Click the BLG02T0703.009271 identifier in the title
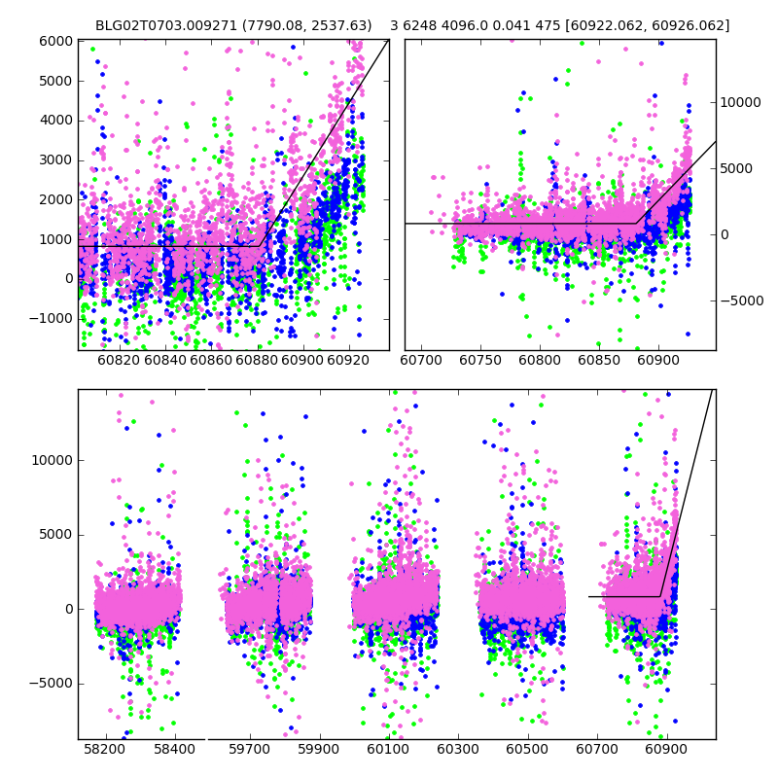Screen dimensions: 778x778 point(160,26)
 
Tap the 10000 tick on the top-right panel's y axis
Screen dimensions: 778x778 point(743,102)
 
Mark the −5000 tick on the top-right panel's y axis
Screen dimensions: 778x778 point(743,301)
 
